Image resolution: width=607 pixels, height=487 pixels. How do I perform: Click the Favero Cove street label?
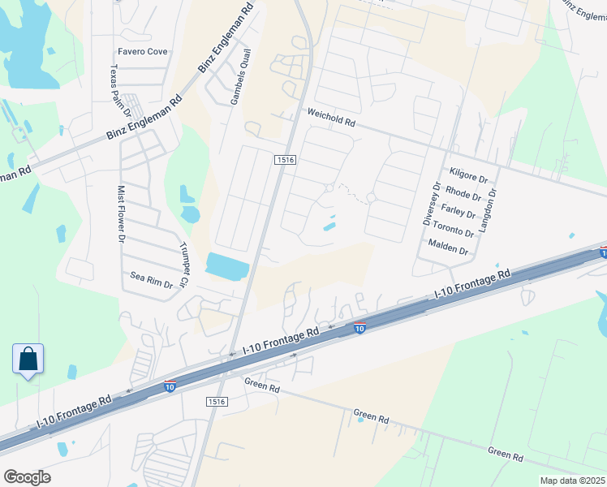point(143,51)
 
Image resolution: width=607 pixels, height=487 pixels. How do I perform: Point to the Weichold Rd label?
point(330,120)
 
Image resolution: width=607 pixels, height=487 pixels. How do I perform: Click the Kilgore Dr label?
point(467,175)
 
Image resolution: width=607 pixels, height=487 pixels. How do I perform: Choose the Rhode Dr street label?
point(463,194)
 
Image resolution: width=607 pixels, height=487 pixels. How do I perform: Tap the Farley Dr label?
point(458,212)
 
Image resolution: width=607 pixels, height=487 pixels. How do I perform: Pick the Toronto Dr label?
point(453,231)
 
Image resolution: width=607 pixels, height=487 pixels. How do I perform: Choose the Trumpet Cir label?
point(183,268)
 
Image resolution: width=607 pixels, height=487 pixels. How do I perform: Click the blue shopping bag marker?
point(28,359)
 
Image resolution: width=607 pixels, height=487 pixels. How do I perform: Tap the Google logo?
point(27,477)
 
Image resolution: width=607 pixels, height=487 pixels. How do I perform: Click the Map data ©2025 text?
point(561,481)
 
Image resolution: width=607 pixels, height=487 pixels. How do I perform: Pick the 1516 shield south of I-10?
point(217,401)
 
